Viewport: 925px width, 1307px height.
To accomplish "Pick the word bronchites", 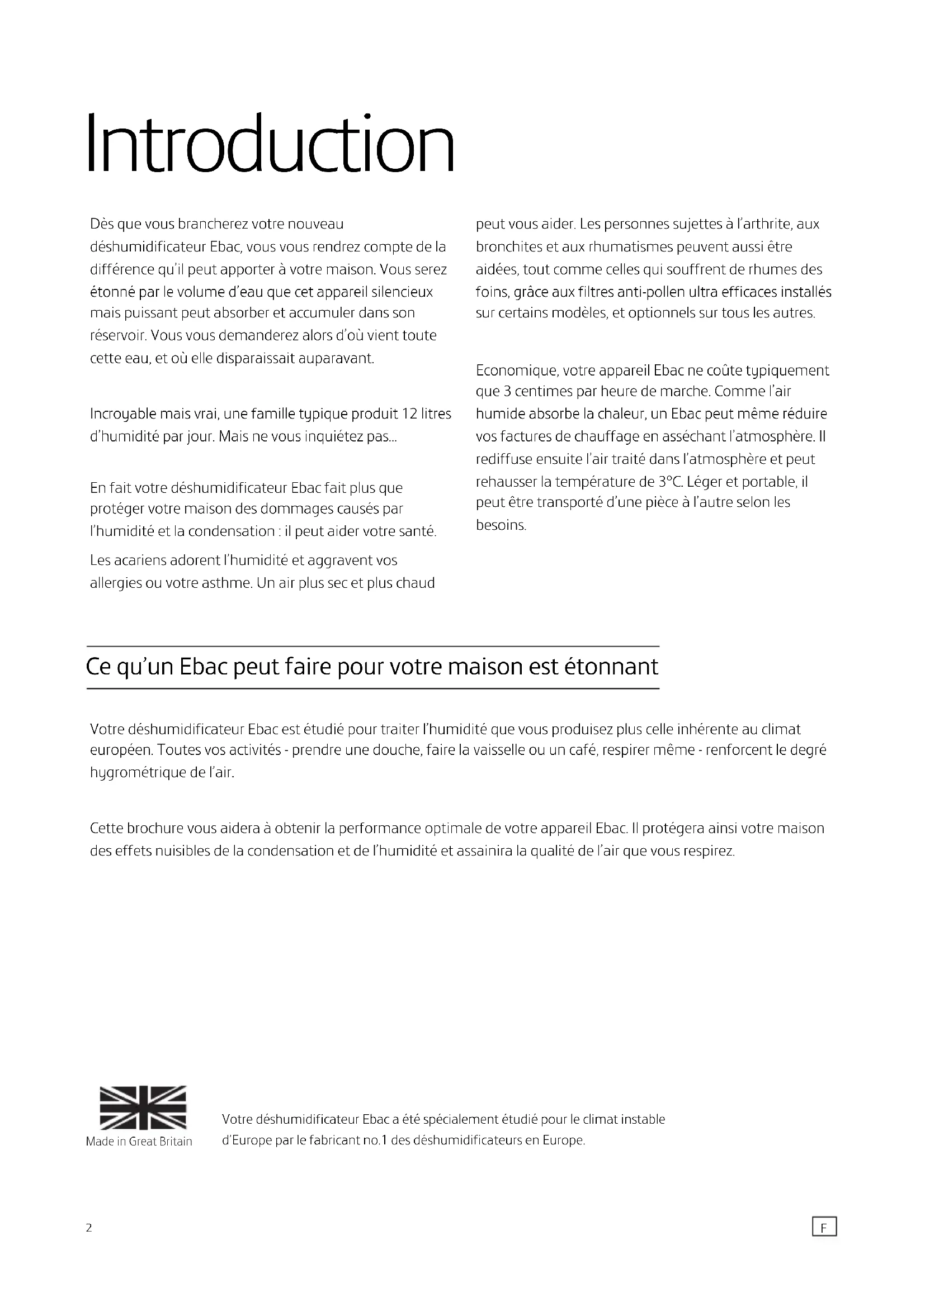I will point(506,247).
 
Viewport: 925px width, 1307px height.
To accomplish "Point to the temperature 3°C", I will point(670,482).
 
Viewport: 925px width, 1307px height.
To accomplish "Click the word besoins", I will point(501,525).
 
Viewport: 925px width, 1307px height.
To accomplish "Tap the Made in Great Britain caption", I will point(139,1142).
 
